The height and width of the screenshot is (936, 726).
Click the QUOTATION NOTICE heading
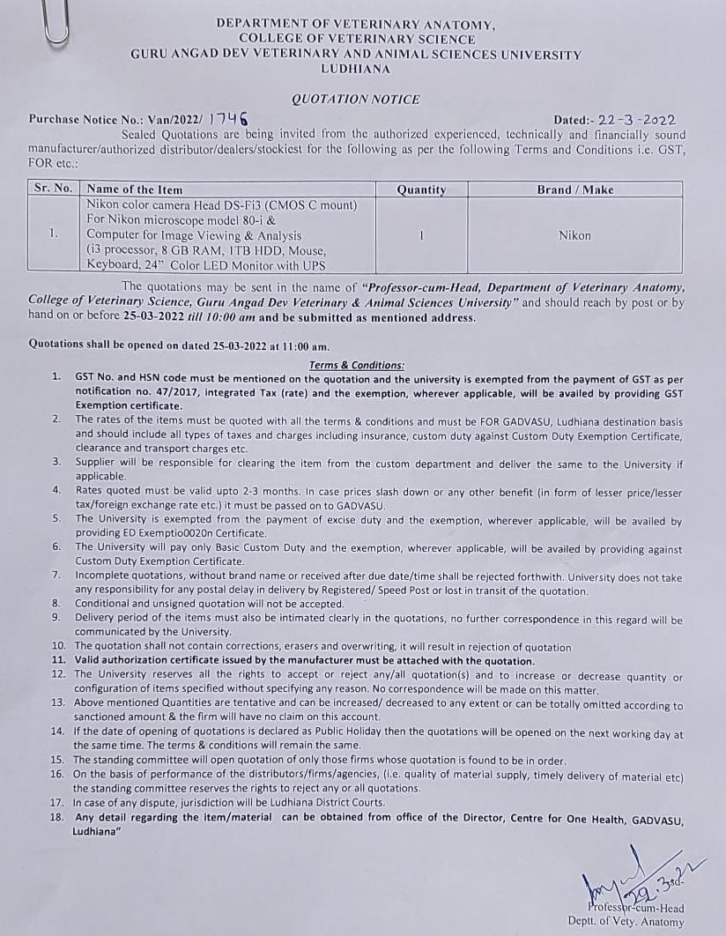(x=356, y=100)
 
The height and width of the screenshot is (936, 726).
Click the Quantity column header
(x=421, y=189)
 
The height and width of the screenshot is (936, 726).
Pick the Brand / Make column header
(x=574, y=189)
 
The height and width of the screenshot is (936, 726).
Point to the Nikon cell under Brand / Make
(x=574, y=235)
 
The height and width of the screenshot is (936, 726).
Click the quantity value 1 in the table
(x=422, y=235)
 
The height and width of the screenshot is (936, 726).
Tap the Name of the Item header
(x=135, y=189)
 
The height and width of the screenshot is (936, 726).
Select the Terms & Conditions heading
(x=357, y=365)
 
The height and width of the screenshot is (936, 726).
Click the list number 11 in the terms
(x=59, y=660)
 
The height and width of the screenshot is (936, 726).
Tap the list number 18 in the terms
(x=58, y=817)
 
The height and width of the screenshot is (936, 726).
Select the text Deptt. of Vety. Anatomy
(x=626, y=923)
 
